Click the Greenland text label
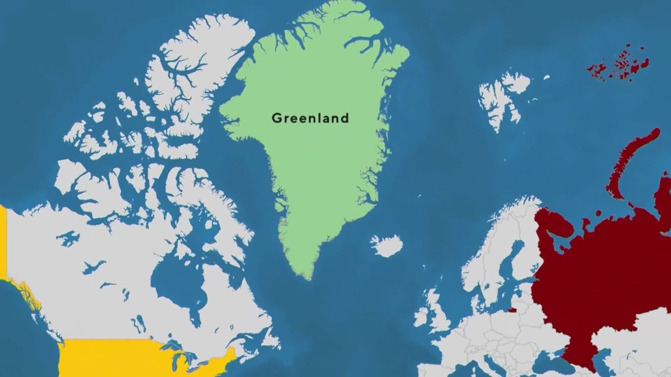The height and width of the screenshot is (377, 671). pos(310,118)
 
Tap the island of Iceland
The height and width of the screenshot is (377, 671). pos(387,245)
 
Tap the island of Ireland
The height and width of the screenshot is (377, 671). pos(421,318)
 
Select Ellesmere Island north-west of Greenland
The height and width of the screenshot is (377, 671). pos(188,65)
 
